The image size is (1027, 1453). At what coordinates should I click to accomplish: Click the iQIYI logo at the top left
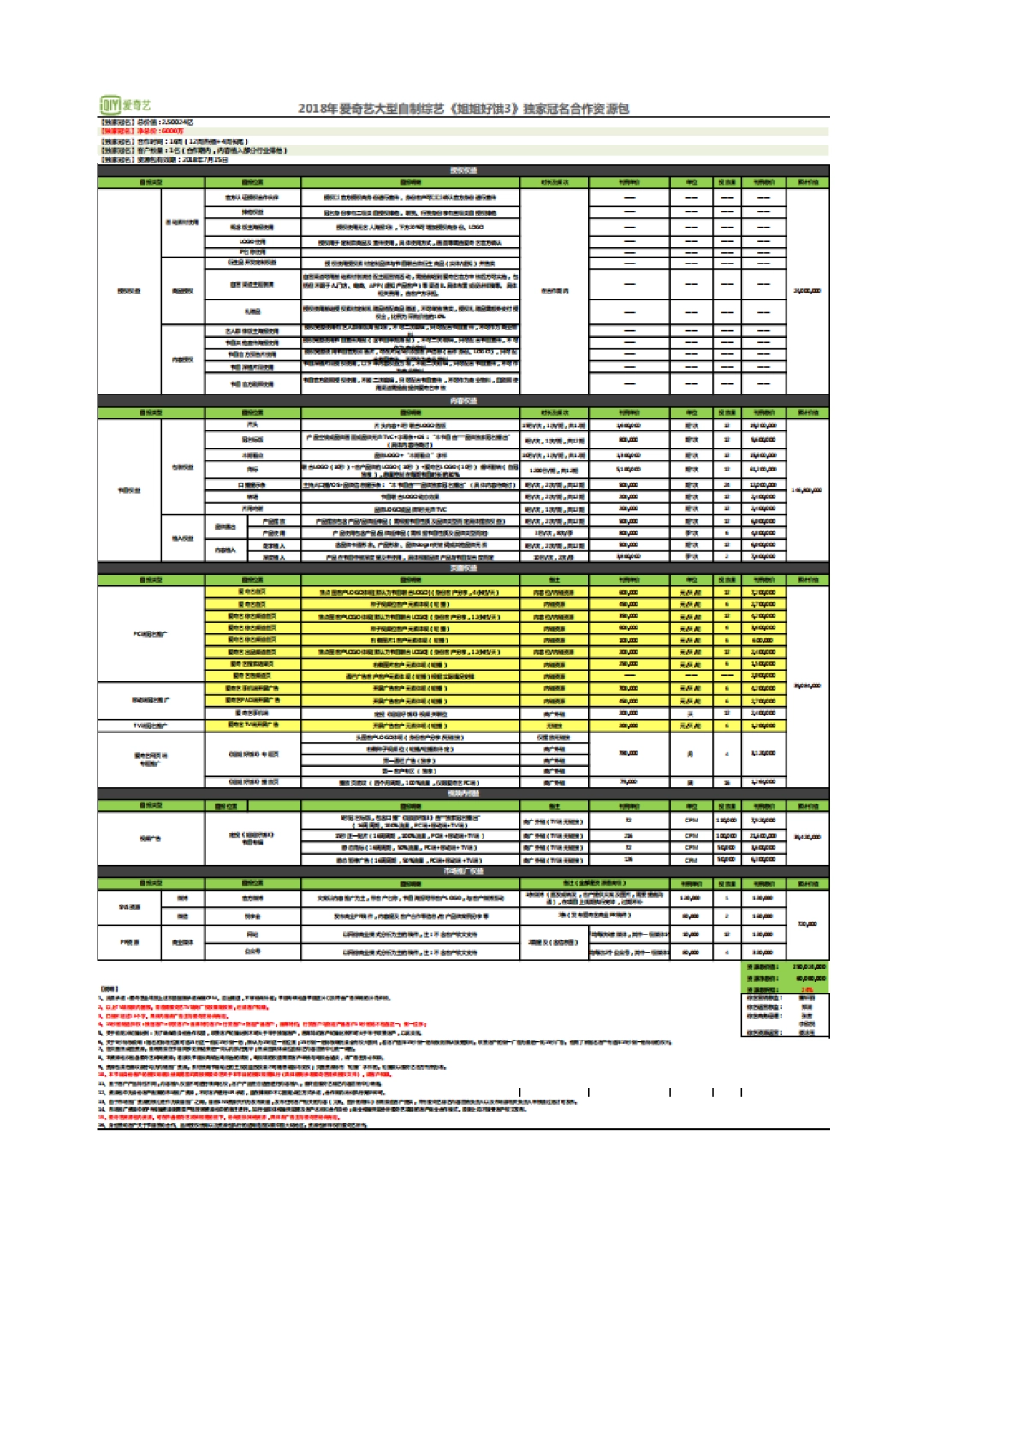(126, 105)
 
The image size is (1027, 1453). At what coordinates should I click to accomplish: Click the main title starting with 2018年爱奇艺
(463, 109)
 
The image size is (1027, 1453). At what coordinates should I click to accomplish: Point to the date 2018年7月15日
(205, 159)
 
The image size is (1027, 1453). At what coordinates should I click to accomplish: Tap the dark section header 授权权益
(463, 170)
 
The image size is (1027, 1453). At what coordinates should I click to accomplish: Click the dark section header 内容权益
(463, 400)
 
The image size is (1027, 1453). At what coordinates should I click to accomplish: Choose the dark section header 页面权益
(463, 568)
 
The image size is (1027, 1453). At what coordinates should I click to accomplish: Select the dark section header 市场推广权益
(463, 871)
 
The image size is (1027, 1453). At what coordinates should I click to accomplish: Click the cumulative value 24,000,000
(807, 291)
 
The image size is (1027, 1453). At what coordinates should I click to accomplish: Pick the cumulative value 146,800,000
(807, 490)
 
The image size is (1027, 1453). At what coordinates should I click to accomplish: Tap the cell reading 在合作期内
(555, 291)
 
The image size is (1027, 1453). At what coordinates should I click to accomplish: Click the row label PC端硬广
(151, 634)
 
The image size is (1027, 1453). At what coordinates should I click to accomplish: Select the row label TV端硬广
(151, 726)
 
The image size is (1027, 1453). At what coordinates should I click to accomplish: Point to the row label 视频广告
(151, 839)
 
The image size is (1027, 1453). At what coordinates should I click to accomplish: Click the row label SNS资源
(129, 907)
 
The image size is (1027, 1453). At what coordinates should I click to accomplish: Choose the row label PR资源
(129, 942)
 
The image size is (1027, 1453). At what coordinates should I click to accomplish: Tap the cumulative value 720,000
(807, 924)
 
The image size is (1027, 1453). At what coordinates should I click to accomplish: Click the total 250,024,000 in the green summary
(809, 967)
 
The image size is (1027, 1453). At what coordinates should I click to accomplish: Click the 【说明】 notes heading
(109, 988)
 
